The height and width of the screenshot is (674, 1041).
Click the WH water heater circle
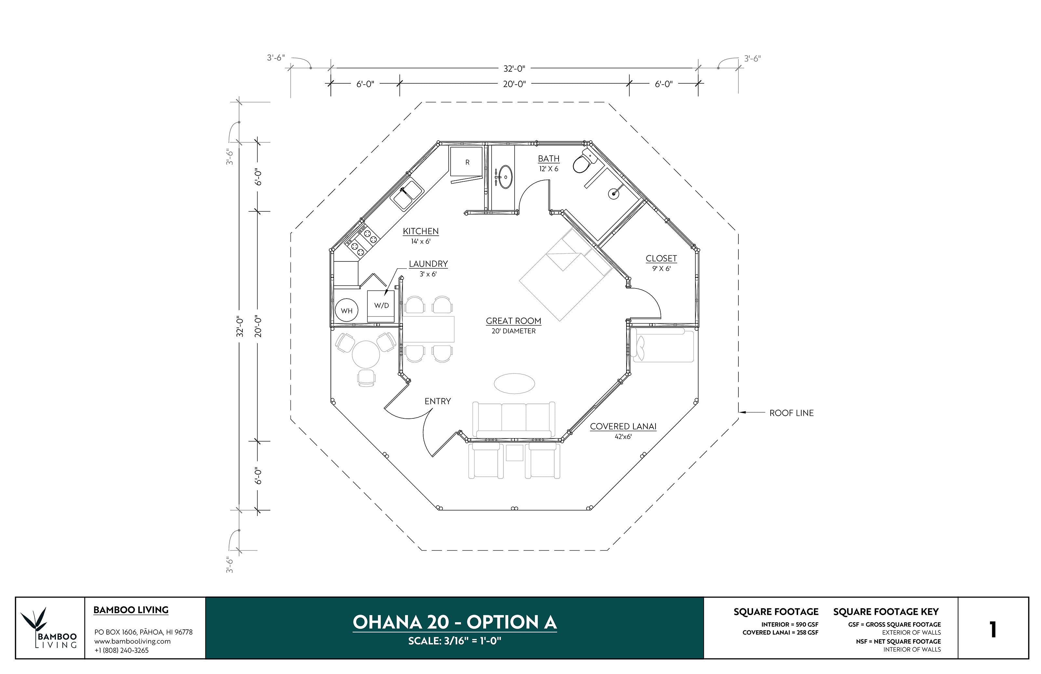click(x=346, y=310)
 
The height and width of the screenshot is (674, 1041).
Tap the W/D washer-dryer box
click(x=381, y=305)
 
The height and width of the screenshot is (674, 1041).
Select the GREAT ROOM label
click(x=513, y=321)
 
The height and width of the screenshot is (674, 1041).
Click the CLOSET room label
click(x=661, y=258)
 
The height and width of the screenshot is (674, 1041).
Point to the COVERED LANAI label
click(x=623, y=426)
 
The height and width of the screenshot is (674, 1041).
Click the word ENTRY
click(x=437, y=401)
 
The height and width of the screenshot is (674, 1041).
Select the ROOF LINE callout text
click(x=791, y=413)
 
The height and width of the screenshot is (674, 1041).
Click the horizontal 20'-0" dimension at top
click(x=514, y=84)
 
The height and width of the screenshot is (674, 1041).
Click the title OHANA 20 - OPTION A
click(x=455, y=622)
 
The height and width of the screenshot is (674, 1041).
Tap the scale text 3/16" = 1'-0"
click(x=455, y=641)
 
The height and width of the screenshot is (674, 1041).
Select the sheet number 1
click(x=993, y=629)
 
